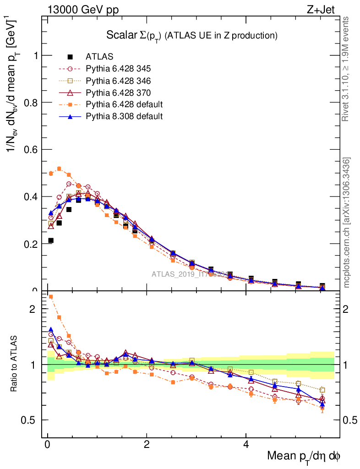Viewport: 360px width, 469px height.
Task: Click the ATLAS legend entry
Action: [x=99, y=57]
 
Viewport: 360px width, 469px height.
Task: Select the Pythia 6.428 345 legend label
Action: [x=118, y=69]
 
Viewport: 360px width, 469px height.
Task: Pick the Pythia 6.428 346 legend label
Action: [x=118, y=81]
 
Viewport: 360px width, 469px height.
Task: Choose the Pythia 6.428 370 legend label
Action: [x=118, y=93]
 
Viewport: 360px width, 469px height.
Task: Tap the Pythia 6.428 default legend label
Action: [x=124, y=104]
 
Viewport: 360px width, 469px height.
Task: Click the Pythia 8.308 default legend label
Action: [x=124, y=116]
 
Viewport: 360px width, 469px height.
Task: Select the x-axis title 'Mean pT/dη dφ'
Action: [x=304, y=456]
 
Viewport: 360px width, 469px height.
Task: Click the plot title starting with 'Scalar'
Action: [x=192, y=35]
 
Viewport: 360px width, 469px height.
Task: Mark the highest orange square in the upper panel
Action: [x=59, y=169]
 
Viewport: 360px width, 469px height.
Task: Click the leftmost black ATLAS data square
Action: [x=51, y=240]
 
